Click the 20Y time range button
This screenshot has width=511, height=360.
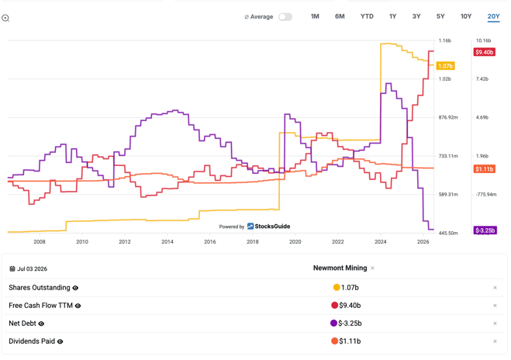tap(493, 16)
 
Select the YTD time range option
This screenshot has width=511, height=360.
tap(367, 16)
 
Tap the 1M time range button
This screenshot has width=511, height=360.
tap(315, 16)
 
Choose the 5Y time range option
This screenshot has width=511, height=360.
tap(440, 16)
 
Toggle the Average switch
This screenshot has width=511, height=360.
tap(285, 16)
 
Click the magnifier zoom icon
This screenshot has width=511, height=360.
tap(5, 19)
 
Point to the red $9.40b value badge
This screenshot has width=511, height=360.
tap(485, 52)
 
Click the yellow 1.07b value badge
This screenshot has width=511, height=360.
tap(446, 66)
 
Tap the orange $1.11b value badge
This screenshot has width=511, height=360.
tap(485, 169)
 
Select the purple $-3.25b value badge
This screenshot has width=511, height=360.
tap(485, 230)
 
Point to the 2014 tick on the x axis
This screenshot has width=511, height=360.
tap(167, 241)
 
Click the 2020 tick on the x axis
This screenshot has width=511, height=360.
tap(295, 241)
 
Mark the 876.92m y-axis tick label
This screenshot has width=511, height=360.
tap(448, 117)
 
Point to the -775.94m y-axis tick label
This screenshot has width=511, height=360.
tap(486, 194)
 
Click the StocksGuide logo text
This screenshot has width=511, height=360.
tap(272, 227)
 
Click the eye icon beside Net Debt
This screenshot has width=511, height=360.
tap(41, 324)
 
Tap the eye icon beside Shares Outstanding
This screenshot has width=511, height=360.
tap(75, 288)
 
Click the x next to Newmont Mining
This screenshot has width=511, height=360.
tap(372, 268)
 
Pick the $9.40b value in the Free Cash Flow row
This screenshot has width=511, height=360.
tap(350, 306)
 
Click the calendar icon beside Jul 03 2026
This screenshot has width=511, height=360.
tap(12, 268)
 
